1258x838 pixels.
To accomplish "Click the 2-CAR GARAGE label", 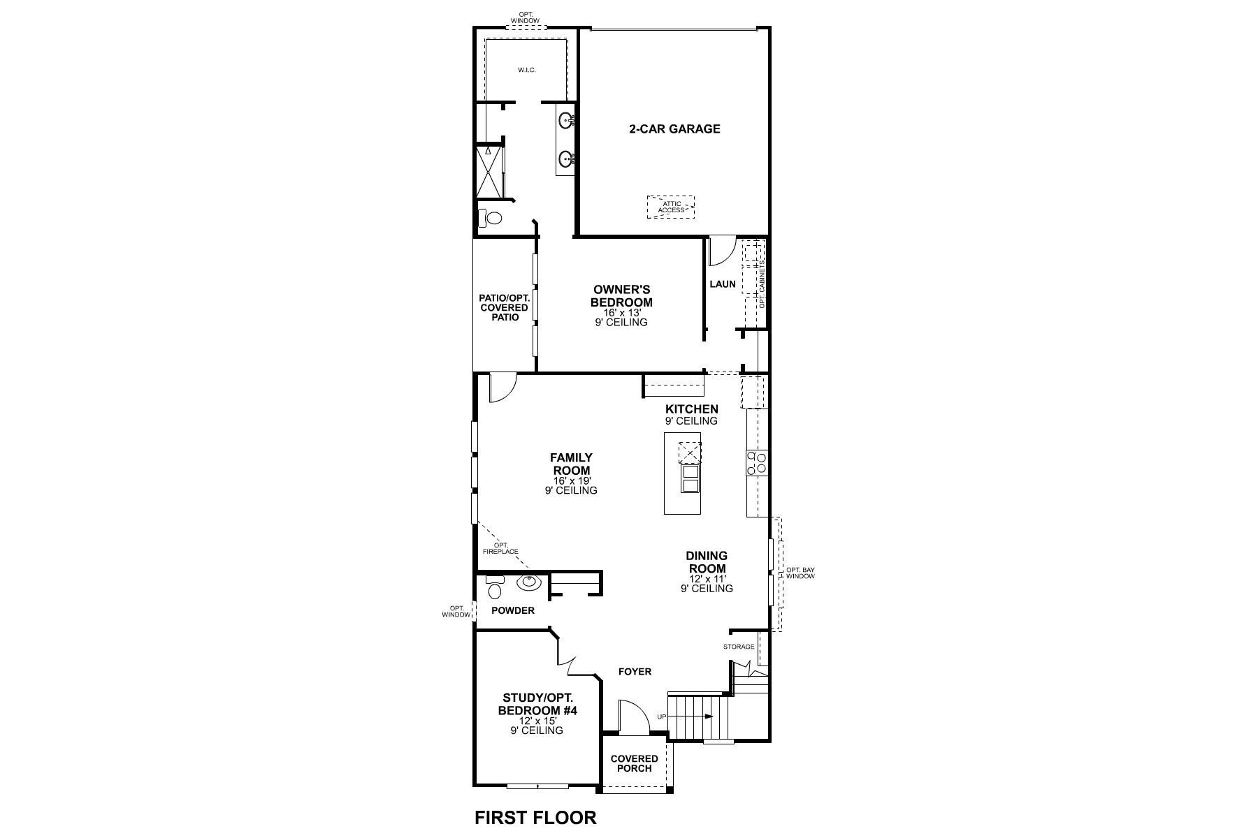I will click(674, 128).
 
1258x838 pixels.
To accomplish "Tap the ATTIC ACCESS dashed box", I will click(671, 207).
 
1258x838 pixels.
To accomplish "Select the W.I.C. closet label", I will click(527, 71).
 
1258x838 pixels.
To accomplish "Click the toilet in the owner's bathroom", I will click(491, 219).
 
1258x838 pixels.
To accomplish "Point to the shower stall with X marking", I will click(489, 172).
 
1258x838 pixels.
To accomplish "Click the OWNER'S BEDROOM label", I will click(621, 295).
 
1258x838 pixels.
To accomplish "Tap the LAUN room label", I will click(723, 284).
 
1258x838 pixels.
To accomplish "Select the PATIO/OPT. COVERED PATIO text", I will click(505, 307).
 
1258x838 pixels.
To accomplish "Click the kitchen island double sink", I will click(690, 479).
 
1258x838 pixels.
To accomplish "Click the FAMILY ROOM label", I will click(571, 464).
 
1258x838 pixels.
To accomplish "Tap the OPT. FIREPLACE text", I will click(500, 548).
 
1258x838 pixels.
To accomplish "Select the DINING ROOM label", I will click(707, 562).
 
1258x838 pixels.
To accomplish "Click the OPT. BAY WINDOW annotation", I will click(800, 573).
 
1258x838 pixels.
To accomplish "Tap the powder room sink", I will click(528, 582).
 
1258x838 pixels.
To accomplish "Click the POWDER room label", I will click(512, 610).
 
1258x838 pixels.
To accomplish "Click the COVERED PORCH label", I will click(634, 763).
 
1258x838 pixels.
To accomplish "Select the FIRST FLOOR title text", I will click(535, 818).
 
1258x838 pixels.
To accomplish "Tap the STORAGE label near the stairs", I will click(739, 647).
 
